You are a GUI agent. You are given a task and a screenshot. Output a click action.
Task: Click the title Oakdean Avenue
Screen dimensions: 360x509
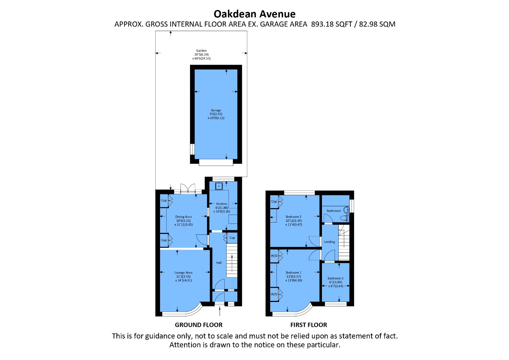254,14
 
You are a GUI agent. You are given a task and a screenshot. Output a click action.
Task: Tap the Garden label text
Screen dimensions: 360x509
201,51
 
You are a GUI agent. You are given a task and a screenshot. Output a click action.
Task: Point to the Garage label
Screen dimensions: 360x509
216,110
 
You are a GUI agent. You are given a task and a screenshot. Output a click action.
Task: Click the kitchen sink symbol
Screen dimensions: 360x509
219,186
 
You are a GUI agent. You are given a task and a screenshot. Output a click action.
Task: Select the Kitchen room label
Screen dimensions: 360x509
222,204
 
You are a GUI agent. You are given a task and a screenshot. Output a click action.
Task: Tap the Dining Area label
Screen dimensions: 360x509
183,217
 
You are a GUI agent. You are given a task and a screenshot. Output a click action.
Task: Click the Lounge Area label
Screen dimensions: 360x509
183,272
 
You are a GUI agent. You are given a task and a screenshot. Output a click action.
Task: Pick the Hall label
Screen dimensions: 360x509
219,263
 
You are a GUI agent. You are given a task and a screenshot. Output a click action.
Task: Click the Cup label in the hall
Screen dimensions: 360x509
232,238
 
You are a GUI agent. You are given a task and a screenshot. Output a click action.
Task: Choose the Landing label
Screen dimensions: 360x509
329,242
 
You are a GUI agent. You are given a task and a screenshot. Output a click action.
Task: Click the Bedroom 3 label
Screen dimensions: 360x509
335,278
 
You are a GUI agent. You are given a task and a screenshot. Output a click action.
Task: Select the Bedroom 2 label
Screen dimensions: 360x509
293,217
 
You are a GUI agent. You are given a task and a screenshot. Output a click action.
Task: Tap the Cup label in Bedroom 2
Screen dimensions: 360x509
274,201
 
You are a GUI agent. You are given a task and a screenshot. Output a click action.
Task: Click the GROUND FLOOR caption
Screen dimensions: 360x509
198,325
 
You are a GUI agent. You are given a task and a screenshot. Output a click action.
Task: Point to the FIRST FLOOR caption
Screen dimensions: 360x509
309,325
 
